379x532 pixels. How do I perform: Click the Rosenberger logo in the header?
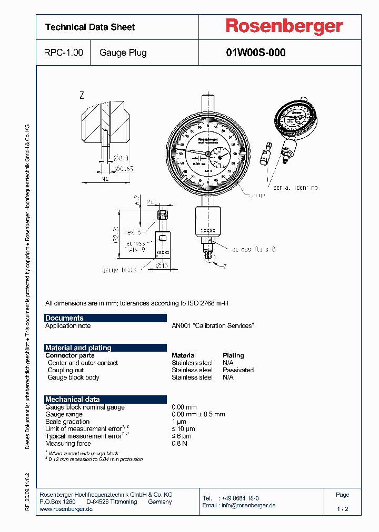click(x=284, y=27)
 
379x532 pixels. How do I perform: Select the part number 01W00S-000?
click(x=255, y=53)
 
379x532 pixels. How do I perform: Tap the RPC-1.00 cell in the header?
click(x=63, y=53)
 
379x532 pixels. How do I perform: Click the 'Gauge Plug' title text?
click(x=123, y=53)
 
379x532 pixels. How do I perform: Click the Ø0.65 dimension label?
click(x=123, y=168)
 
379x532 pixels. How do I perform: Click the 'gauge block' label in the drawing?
click(x=119, y=270)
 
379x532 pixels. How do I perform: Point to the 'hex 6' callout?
click(x=132, y=232)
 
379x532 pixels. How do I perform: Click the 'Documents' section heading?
click(x=64, y=318)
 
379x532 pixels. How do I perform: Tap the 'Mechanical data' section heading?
click(x=72, y=400)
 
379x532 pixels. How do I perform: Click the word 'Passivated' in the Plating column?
click(x=238, y=370)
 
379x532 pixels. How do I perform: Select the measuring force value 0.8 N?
click(x=179, y=444)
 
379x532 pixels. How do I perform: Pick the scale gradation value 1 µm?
click(x=179, y=422)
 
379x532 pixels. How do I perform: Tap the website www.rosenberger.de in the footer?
click(x=66, y=509)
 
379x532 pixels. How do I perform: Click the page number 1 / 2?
click(x=343, y=509)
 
